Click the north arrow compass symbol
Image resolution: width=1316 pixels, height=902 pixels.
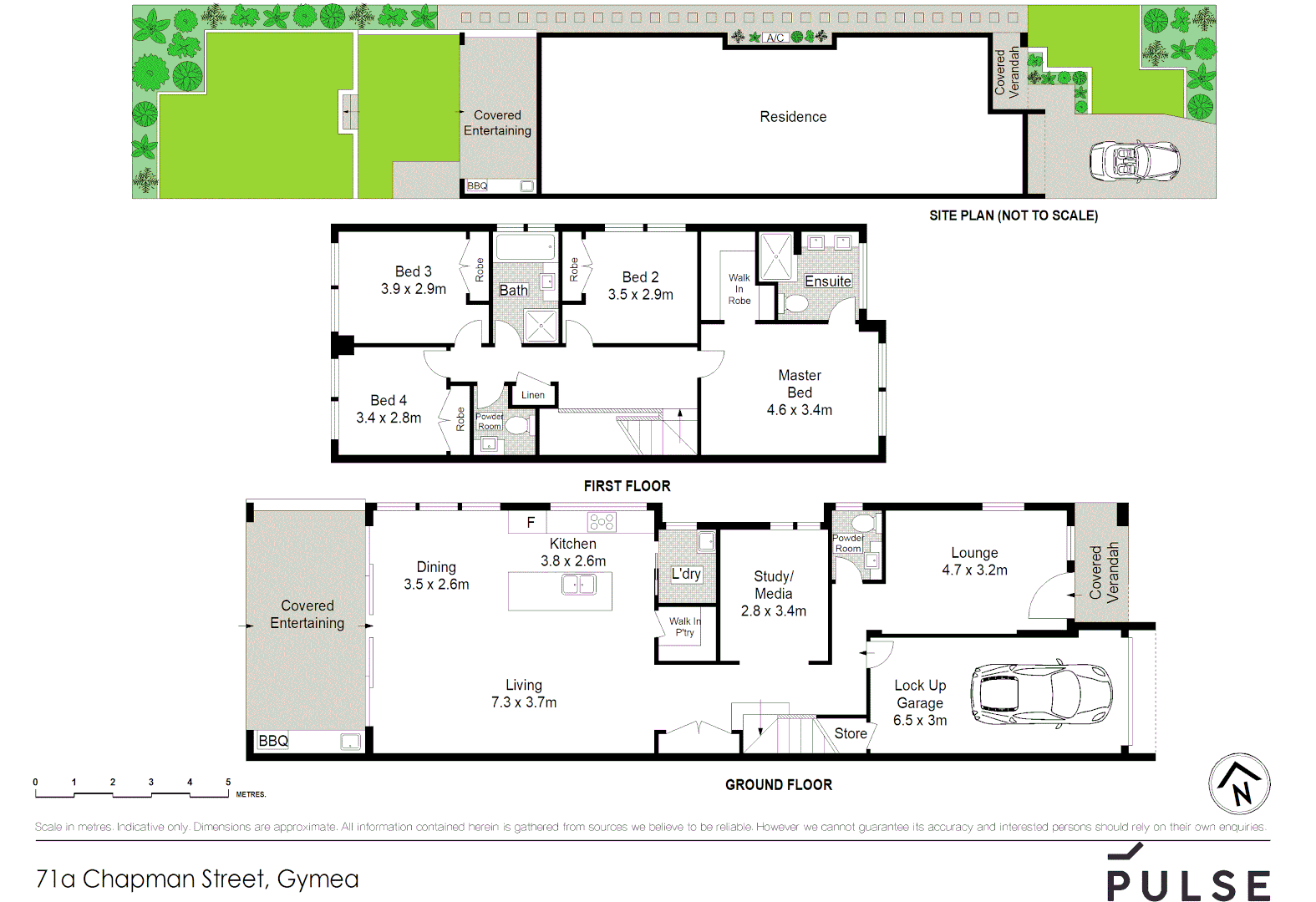(x=1239, y=784)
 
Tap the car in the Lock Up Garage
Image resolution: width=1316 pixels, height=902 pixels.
(x=1040, y=695)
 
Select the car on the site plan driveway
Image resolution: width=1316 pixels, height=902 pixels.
(x=1134, y=160)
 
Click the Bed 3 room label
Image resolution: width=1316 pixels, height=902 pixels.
(x=414, y=271)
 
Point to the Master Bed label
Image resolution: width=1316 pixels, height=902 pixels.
(x=800, y=384)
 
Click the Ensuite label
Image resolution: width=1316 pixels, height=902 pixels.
(x=827, y=281)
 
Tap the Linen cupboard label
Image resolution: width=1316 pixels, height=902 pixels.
(x=533, y=395)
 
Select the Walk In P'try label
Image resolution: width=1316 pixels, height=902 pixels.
(x=685, y=626)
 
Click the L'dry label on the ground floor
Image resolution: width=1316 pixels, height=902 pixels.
(x=686, y=574)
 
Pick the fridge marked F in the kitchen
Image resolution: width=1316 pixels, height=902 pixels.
(x=530, y=523)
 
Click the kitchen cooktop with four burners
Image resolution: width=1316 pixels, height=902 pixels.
(x=602, y=523)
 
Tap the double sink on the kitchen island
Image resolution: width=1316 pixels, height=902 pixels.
(x=579, y=584)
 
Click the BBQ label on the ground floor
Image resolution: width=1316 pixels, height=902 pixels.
(x=273, y=741)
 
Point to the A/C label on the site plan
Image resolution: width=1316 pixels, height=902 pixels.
(x=775, y=38)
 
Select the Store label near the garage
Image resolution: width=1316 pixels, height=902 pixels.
(x=851, y=733)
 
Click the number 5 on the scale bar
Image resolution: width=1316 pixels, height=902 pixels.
(x=228, y=783)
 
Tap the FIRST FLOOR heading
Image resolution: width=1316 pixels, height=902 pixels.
(x=627, y=486)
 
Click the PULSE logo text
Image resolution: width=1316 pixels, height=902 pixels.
(x=1188, y=884)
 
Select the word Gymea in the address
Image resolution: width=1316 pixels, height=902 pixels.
(x=318, y=879)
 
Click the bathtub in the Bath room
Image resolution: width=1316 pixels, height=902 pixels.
(x=525, y=246)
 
